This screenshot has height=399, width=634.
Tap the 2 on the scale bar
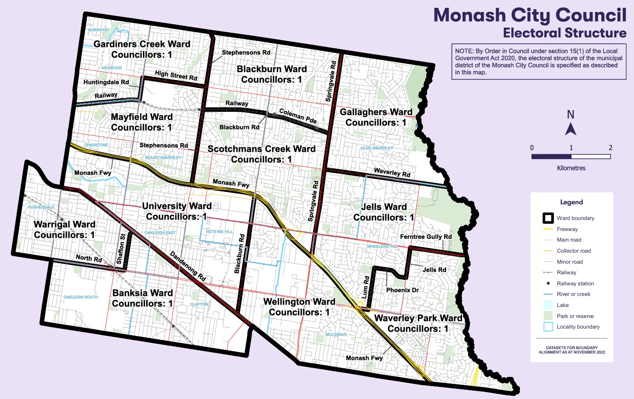(x=610, y=148)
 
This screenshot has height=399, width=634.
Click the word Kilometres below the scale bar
(x=571, y=168)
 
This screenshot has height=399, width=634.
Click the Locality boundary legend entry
(x=578, y=327)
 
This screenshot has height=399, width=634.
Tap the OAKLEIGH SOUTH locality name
(x=81, y=297)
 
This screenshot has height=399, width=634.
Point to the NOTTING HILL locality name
(x=220, y=231)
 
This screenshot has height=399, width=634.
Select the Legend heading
(x=571, y=202)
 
